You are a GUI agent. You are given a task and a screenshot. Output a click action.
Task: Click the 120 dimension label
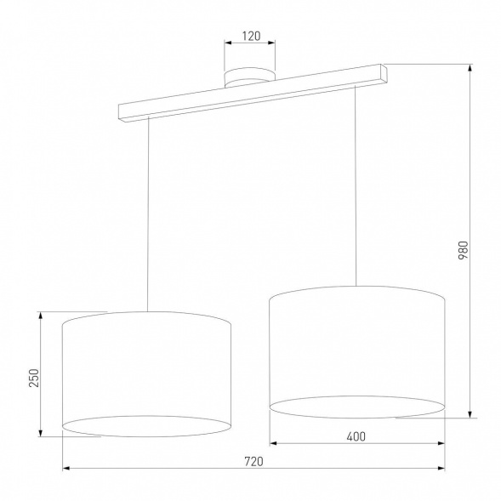249,38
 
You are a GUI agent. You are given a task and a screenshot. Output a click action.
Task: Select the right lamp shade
357,349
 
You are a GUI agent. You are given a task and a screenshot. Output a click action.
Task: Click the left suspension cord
149,213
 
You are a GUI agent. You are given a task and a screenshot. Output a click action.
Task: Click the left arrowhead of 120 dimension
227,46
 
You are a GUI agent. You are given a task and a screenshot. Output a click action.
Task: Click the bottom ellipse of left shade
147,427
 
